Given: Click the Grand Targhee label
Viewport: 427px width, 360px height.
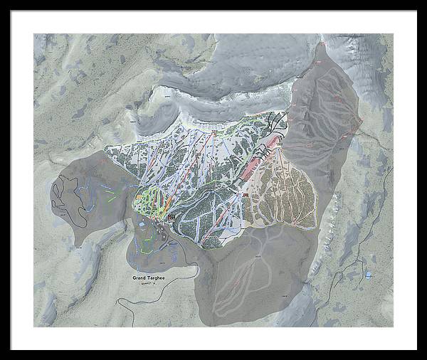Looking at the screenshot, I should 149,277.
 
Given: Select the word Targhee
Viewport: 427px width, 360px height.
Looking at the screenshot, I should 156,277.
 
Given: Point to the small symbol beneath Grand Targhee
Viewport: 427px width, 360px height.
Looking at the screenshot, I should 147,283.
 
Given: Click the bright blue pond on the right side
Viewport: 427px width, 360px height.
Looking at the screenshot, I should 368,274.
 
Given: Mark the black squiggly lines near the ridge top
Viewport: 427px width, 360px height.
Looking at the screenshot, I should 278,122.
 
